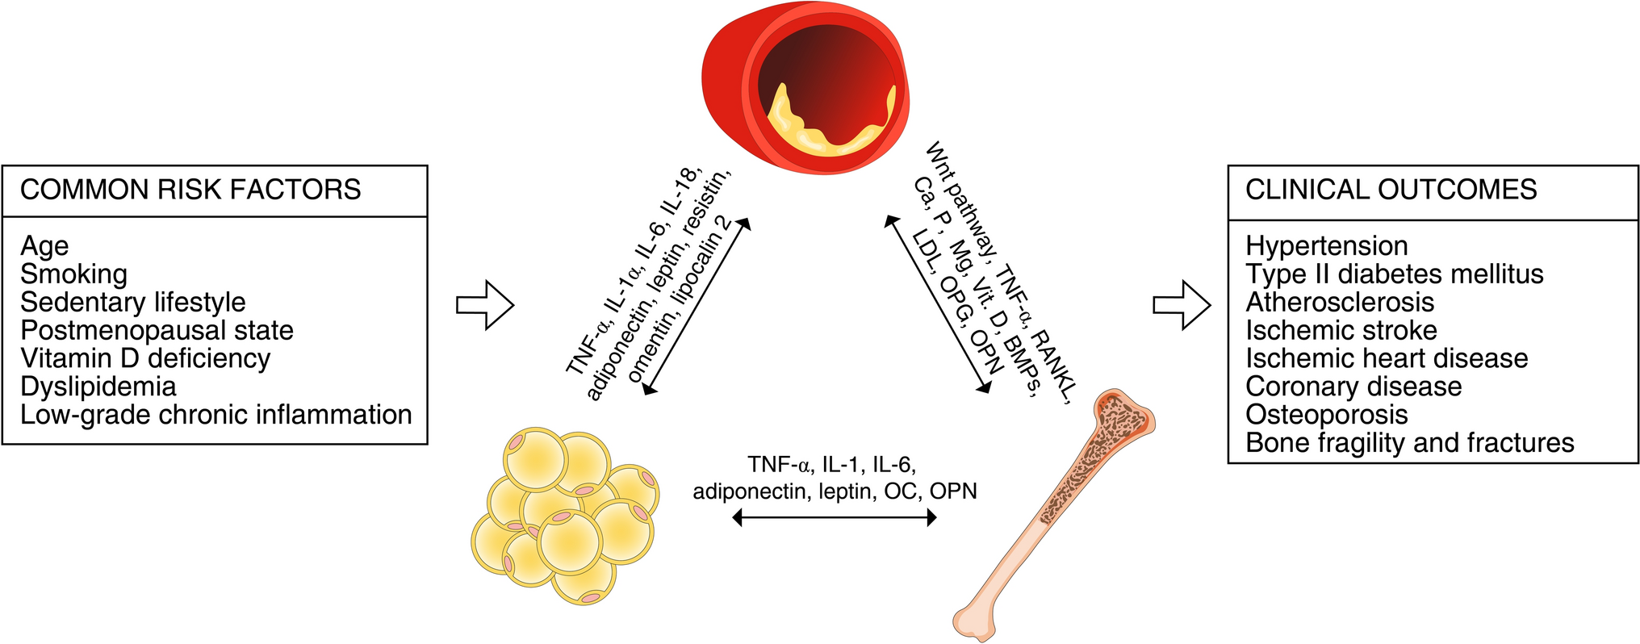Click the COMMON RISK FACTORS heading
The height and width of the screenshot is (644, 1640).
(190, 190)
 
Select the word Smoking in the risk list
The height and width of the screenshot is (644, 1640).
(73, 274)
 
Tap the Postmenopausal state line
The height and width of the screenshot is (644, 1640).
(157, 330)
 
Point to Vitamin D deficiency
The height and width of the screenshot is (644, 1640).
(145, 358)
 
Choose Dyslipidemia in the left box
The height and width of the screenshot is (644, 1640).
(98, 387)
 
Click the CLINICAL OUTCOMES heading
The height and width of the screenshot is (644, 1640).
(1391, 190)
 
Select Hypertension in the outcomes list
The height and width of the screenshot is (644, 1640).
(1326, 246)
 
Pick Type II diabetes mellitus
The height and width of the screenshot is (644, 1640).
(1394, 274)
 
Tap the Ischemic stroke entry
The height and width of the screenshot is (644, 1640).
(1341, 330)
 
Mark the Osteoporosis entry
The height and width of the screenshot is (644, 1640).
(1326, 415)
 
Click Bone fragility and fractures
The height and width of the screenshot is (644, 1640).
(1409, 443)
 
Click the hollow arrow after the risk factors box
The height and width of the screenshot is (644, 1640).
(485, 305)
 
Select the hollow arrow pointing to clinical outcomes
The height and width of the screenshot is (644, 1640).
(1182, 305)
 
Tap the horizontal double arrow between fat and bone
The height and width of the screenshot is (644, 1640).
(834, 517)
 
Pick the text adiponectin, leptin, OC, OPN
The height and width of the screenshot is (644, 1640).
(835, 491)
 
